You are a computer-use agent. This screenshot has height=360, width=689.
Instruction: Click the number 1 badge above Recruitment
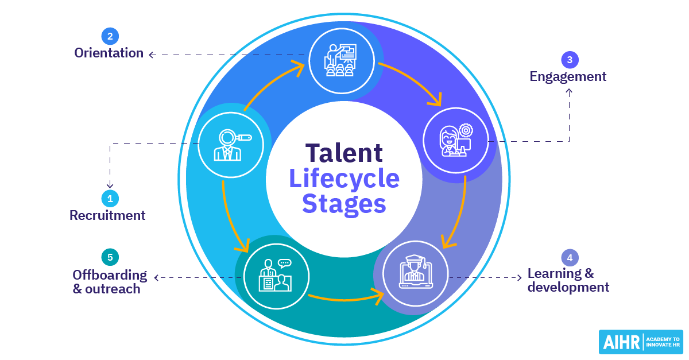click(110, 199)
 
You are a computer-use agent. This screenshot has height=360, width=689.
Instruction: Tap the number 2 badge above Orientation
click(110, 37)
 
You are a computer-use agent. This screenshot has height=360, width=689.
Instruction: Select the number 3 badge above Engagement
click(569, 60)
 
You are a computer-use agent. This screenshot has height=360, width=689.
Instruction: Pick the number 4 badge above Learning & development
click(570, 257)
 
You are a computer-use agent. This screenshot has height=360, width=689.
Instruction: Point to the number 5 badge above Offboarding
click(109, 257)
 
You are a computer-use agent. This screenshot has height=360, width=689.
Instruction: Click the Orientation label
click(109, 53)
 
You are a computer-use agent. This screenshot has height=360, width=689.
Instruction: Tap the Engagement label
click(568, 76)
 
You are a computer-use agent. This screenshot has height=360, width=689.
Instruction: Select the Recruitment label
click(107, 216)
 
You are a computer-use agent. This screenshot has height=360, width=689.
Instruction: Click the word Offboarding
click(110, 275)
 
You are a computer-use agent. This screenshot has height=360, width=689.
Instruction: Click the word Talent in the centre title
click(344, 153)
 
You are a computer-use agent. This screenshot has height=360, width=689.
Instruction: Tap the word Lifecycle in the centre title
click(344, 178)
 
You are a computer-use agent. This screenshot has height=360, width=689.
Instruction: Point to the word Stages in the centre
click(344, 203)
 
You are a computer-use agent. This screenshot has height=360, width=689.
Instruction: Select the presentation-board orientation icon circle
click(342, 60)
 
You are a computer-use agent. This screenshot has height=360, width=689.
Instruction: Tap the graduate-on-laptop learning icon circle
click(415, 273)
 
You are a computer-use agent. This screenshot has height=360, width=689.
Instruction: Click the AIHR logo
click(640, 342)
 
